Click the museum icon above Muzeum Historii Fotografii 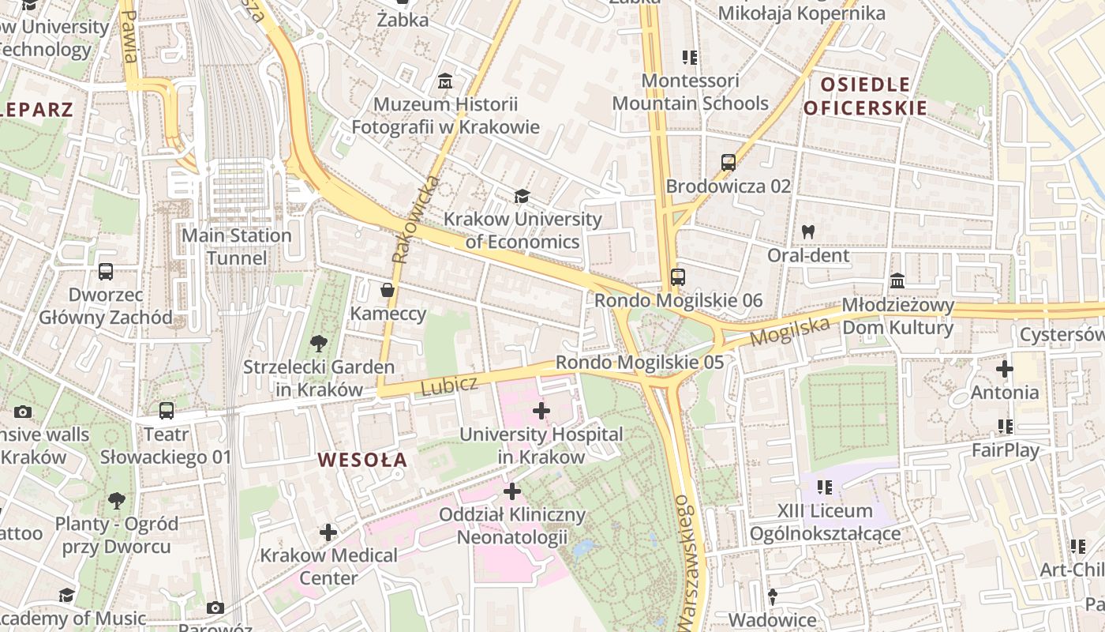[445, 81]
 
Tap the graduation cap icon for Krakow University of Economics [521, 196]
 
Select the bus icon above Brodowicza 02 [728, 163]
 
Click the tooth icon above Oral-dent [807, 232]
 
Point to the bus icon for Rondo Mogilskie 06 [677, 277]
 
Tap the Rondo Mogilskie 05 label [639, 363]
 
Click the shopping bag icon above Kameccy [388, 290]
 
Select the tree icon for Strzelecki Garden [319, 343]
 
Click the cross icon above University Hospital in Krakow [541, 411]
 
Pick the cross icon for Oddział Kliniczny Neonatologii [512, 491]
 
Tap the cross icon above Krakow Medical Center [328, 532]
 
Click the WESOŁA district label [362, 459]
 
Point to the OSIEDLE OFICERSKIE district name [865, 96]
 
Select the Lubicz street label [449, 386]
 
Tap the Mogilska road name [790, 332]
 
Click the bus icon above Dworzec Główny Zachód [106, 272]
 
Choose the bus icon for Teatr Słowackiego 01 [166, 411]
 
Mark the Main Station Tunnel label [237, 246]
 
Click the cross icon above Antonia [1004, 369]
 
